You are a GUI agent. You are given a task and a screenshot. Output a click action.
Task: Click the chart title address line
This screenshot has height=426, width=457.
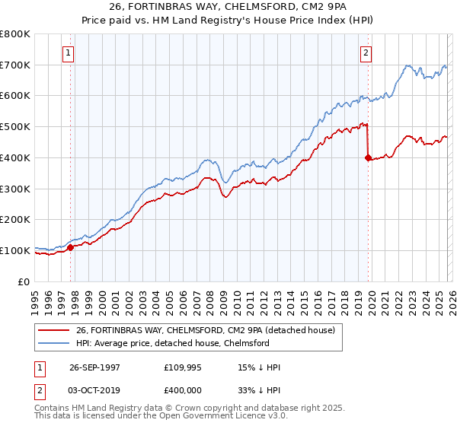click(228, 8)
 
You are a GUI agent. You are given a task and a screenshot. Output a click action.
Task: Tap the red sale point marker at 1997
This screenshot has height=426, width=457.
click(71, 246)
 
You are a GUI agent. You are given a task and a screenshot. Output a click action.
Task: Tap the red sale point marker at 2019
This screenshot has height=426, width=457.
click(368, 157)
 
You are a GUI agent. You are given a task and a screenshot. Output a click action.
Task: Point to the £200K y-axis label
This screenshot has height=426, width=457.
click(15, 220)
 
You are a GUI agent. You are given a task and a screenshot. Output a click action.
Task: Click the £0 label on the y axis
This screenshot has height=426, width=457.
click(24, 281)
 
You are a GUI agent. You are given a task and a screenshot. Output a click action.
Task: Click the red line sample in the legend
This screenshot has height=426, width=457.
click(53, 330)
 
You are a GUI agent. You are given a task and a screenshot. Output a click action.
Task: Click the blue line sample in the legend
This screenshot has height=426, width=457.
click(53, 343)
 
